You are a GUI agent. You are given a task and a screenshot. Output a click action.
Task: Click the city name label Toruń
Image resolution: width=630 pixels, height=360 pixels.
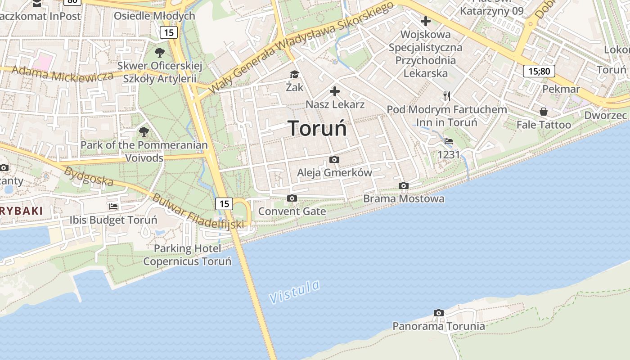coord(317,128)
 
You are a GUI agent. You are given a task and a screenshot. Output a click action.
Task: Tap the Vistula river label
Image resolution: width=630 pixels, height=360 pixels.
coord(295,291)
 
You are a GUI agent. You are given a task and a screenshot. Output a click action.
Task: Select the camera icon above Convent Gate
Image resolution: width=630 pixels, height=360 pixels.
coord(292,198)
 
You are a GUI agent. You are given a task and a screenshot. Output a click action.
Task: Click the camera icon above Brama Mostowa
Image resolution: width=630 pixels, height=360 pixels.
coord(404,185)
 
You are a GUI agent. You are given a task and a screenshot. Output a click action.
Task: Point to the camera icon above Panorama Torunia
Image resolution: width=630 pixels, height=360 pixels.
coord(438,313)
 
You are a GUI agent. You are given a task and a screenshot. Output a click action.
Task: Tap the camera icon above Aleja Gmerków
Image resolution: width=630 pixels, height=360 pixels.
coord(334,159)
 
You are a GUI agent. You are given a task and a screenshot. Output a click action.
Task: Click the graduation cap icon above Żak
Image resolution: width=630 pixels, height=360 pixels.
coord(294,74)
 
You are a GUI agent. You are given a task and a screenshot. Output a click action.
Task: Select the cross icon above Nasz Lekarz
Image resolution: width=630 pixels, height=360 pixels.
coord(335,92)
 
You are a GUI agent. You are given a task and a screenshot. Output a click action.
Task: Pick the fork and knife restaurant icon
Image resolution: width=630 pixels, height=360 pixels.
coord(446,96)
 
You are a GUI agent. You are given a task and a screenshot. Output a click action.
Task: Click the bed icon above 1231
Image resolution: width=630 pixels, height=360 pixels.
coord(449,141)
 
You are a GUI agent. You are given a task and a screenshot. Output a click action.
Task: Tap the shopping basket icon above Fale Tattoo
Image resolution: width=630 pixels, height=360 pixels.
coord(544,112)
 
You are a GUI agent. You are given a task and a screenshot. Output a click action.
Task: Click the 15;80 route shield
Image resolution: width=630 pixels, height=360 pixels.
coord(539,71)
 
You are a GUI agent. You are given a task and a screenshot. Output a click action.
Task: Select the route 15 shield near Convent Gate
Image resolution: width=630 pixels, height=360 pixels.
coord(224,204)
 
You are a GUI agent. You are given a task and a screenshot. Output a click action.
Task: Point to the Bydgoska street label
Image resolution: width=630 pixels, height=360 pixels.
coord(88,176)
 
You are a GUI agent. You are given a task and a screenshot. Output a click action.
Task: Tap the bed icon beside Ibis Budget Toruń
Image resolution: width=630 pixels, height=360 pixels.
coord(113,207)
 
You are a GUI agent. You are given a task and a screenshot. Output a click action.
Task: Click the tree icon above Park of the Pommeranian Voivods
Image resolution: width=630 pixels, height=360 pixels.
coord(144,132)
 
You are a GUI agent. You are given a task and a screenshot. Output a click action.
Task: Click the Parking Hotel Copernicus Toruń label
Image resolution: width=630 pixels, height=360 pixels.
coord(187,255)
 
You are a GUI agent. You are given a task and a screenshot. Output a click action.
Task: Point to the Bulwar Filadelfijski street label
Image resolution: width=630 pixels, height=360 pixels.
coord(198,211)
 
